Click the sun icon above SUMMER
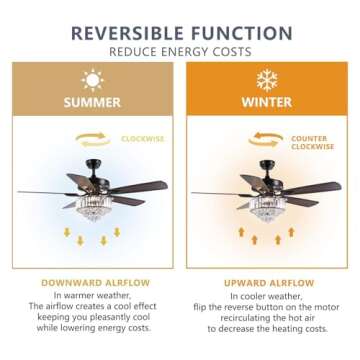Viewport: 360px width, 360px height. coord(92,79)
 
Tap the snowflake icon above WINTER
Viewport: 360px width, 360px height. coord(266,79)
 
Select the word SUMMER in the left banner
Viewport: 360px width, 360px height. coord(92,102)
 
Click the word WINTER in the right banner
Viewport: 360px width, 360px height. coord(266,102)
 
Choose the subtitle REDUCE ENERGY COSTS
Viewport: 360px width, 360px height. coord(180,50)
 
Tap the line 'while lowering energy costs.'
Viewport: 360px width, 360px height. coord(92,327)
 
